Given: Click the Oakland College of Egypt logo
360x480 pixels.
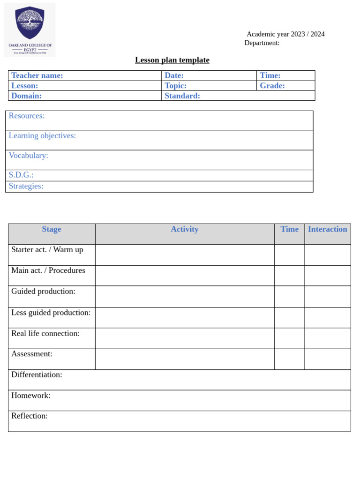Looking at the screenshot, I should click(30, 30).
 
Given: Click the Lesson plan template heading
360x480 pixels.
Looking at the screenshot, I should click(172, 60).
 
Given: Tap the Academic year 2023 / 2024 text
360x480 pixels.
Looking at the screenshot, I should click(285, 34).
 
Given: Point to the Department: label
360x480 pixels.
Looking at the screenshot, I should click(262, 43).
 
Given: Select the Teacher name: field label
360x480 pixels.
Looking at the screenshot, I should click(37, 75).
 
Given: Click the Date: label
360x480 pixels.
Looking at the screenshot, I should click(174, 75).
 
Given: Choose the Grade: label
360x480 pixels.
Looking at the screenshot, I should click(272, 86).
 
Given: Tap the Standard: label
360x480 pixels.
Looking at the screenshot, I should click(182, 96).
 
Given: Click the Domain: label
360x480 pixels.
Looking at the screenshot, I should click(26, 96).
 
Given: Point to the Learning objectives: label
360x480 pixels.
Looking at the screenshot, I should click(42, 136).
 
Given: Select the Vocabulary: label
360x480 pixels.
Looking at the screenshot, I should click(28, 156).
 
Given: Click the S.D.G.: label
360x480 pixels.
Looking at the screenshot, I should click(21, 175).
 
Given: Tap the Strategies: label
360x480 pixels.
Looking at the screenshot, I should click(26, 186).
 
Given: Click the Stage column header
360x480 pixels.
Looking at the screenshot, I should click(52, 229).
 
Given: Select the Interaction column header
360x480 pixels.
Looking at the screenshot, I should click(327, 229).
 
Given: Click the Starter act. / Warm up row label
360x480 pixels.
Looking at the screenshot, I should click(47, 250).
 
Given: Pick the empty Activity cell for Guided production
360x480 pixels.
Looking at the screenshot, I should click(185, 297).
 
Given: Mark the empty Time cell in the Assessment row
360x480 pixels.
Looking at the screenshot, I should click(289, 359).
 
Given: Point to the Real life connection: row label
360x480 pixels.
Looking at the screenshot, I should click(45, 334).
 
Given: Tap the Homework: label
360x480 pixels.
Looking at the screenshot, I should click(31, 396).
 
